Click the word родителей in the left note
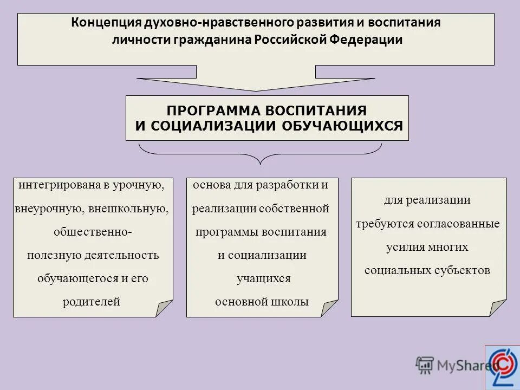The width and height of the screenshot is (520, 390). coord(91,302)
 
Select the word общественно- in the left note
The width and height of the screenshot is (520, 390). coord(92,232)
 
